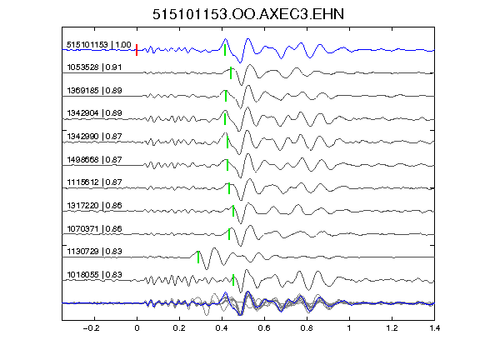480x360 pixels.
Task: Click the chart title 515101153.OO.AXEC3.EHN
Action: click(x=248, y=14)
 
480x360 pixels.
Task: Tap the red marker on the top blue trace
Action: click(x=137, y=50)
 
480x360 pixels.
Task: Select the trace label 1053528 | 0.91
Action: click(x=94, y=67)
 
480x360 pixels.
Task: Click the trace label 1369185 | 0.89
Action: click(x=94, y=90)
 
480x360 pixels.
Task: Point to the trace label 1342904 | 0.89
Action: click(x=94, y=113)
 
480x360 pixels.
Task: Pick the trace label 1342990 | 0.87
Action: click(x=94, y=136)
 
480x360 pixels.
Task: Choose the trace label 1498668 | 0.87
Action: click(x=94, y=159)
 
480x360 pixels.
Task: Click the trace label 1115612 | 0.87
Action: click(x=94, y=182)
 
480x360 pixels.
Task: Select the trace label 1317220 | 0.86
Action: click(x=94, y=205)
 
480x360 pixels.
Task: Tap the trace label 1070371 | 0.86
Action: click(x=94, y=228)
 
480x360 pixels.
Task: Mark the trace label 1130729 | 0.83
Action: click(x=94, y=252)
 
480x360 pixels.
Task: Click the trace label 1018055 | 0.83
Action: click(x=94, y=275)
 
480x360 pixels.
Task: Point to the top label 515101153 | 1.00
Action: click(x=99, y=45)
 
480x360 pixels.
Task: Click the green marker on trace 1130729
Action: click(x=198, y=257)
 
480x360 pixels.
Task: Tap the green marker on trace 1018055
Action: click(x=233, y=280)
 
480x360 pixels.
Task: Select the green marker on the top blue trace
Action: click(x=225, y=50)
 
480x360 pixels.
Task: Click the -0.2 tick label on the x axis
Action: click(x=91, y=328)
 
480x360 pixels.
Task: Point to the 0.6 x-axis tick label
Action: click(x=264, y=328)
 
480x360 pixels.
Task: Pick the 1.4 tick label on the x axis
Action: click(x=434, y=328)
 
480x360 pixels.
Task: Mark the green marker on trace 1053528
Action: click(x=231, y=73)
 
